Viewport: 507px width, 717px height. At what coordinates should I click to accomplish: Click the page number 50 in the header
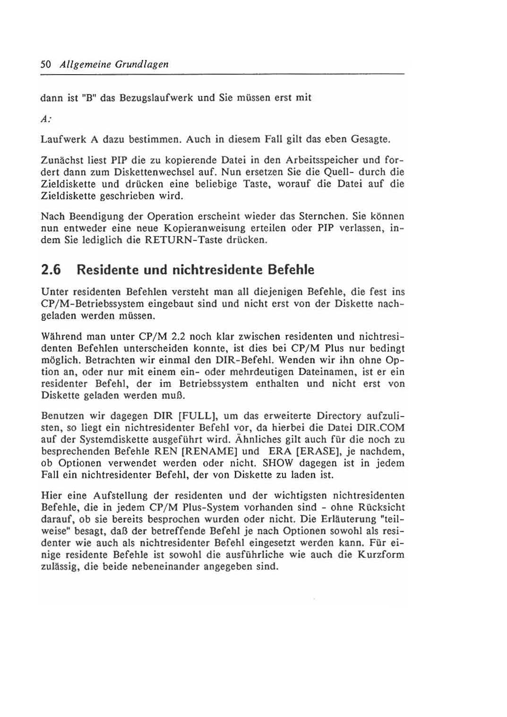[46, 64]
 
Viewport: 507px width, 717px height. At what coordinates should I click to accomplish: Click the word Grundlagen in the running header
[142, 64]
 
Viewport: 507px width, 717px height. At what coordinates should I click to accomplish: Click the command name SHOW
[278, 463]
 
